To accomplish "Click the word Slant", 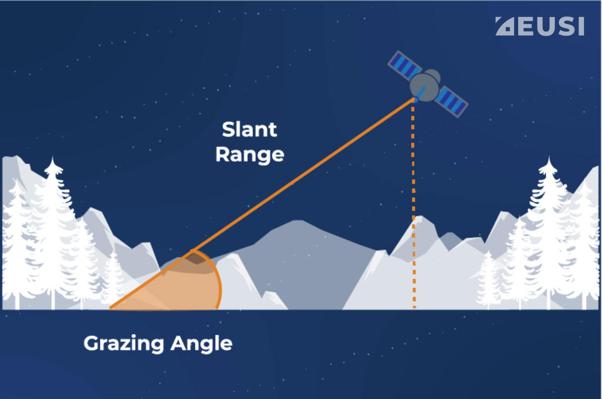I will click(x=249, y=129).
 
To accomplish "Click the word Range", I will click(x=249, y=154).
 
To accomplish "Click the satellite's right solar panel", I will click(x=451, y=102).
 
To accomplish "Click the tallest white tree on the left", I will click(x=52, y=226).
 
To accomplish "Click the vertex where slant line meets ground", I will click(x=110, y=308).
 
